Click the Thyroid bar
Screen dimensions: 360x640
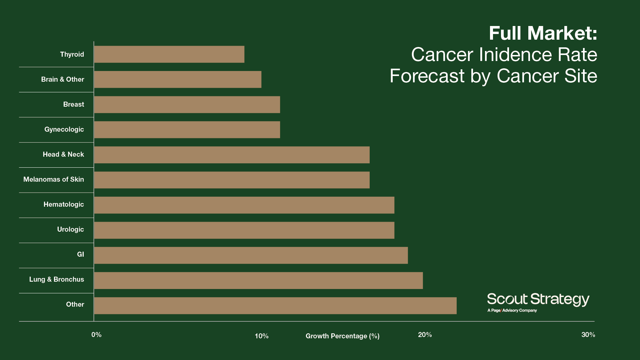coord(169,54)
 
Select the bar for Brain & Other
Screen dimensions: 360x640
coord(178,79)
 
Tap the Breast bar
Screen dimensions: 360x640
coord(187,105)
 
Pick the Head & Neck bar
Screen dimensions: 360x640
coord(232,155)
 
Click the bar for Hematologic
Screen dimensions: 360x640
coord(244,205)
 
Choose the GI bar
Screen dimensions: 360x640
coord(251,255)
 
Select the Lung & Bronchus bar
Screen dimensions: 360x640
coord(258,280)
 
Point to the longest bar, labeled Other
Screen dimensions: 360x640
coord(275,306)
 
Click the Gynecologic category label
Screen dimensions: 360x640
coord(64,129)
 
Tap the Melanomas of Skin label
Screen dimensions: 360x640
coord(54,179)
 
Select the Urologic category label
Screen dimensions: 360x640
coord(70,229)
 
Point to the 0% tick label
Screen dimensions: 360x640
coord(96,335)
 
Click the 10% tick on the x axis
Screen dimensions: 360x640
coord(262,336)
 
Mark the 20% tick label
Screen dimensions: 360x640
coord(425,335)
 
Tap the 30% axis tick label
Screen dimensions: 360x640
coord(588,335)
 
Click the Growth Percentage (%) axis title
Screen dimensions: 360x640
coord(342,336)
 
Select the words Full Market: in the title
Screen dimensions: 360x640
coord(543,33)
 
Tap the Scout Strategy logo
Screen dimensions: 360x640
coord(538,299)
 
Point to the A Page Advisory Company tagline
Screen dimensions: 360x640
coord(512,310)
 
